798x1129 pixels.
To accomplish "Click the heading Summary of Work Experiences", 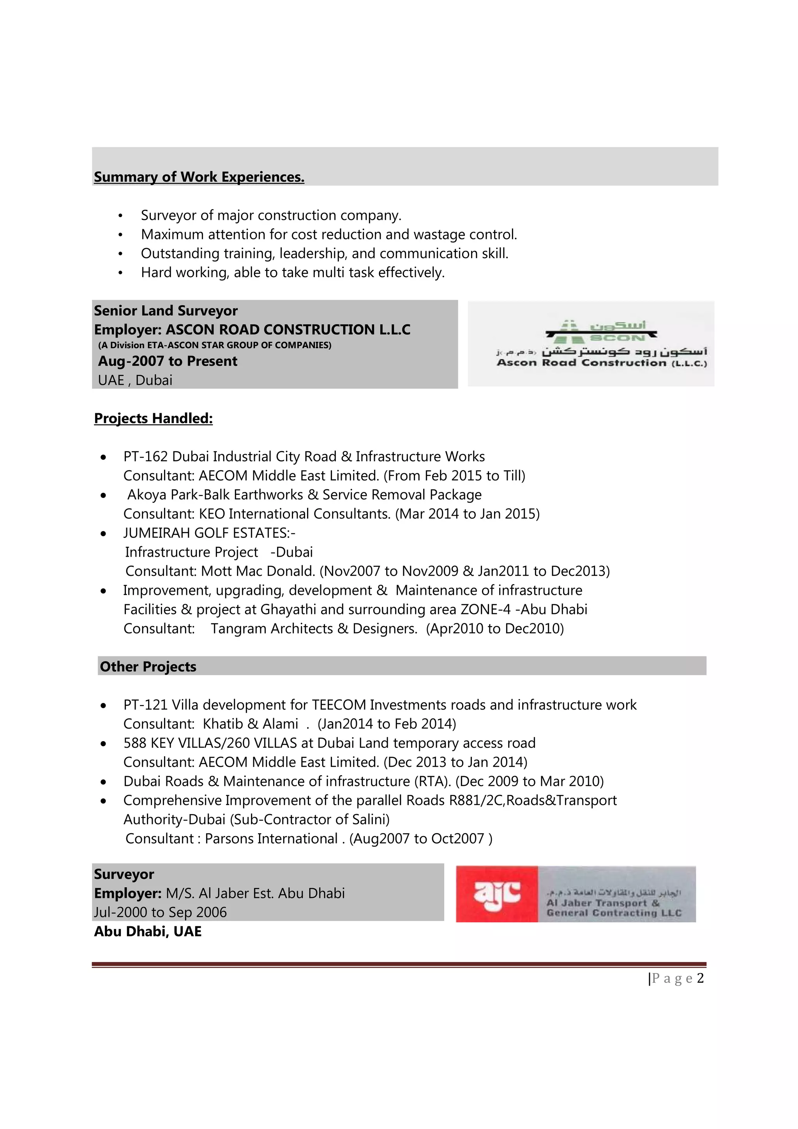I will pyautogui.click(x=199, y=177).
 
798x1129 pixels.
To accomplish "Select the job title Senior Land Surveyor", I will pyautogui.click(x=166, y=311).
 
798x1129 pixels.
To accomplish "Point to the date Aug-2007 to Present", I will pyautogui.click(x=168, y=361).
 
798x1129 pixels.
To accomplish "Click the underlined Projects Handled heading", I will pyautogui.click(x=153, y=418).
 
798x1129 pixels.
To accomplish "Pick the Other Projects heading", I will pyautogui.click(x=148, y=667).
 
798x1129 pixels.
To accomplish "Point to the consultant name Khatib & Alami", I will pyautogui.click(x=251, y=724).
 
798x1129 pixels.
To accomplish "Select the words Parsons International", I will pyautogui.click(x=271, y=839).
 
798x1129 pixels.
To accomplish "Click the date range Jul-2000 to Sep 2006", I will pyautogui.click(x=161, y=913).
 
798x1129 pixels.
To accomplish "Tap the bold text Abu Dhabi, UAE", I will pyautogui.click(x=148, y=932).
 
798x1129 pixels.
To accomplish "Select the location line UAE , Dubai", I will pyautogui.click(x=135, y=380).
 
